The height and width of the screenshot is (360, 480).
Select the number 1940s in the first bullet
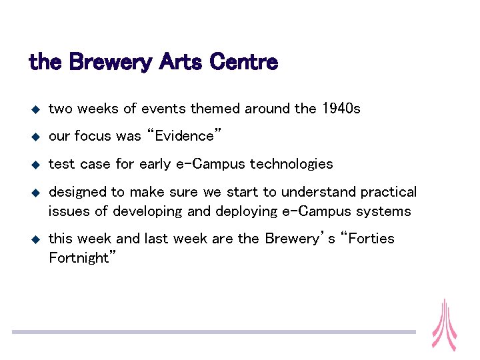[x=341, y=109]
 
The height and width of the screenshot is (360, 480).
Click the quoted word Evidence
[x=185, y=136]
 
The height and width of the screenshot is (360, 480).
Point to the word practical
[x=389, y=192]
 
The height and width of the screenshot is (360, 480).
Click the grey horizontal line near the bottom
[x=213, y=331]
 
